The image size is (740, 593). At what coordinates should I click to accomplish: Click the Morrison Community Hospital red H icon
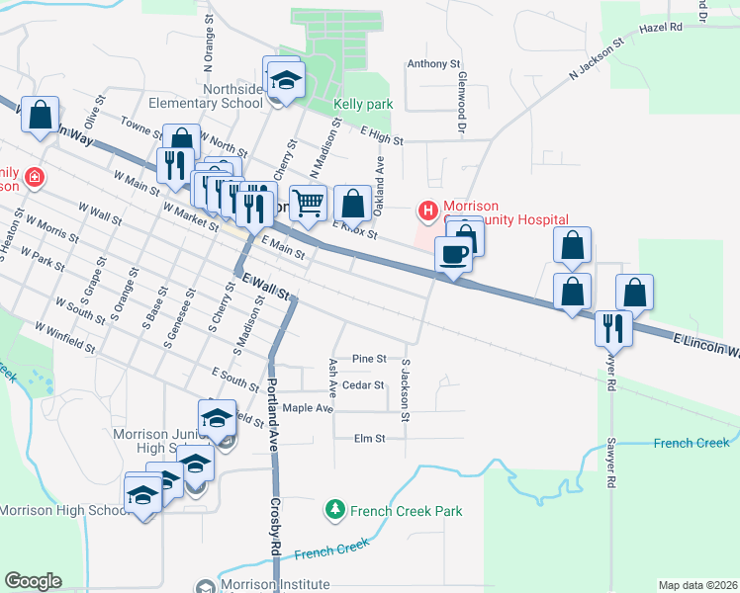click(428, 211)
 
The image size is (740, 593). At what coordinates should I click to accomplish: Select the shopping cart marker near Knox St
click(309, 204)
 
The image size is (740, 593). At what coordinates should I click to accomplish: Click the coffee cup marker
click(453, 255)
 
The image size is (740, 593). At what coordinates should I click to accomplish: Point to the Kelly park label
click(363, 104)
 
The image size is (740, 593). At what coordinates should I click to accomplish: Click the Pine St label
click(368, 358)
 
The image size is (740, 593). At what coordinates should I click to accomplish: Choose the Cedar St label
click(363, 384)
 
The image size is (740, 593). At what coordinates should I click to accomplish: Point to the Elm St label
click(366, 438)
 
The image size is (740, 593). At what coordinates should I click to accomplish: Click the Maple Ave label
click(308, 407)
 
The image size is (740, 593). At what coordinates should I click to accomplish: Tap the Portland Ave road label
click(271, 406)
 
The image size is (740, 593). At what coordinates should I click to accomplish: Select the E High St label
click(381, 134)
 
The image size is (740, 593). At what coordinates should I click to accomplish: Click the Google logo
click(33, 581)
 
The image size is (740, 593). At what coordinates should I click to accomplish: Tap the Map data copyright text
click(696, 585)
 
